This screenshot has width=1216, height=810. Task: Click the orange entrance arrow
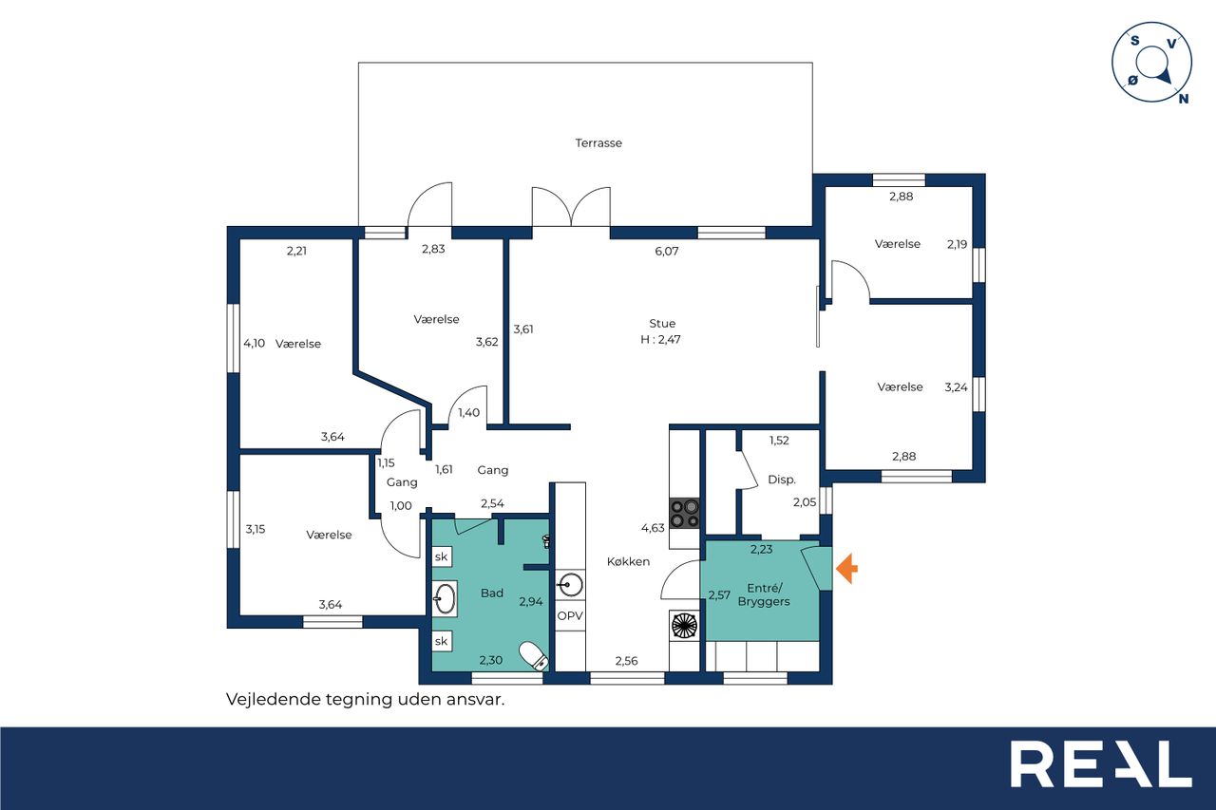click(846, 569)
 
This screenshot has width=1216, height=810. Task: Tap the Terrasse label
click(598, 143)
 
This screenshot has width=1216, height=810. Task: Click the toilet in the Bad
click(534, 656)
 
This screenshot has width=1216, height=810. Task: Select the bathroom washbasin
click(445, 598)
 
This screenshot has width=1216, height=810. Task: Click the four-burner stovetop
click(684, 513)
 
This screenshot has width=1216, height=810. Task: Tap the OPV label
click(570, 615)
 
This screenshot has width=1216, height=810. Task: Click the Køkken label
click(628, 561)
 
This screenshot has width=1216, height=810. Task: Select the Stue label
click(662, 324)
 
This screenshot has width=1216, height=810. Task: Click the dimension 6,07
click(667, 251)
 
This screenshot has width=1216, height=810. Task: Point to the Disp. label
click(782, 480)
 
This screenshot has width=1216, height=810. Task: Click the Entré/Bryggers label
click(764, 594)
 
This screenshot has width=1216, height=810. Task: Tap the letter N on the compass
click(1184, 98)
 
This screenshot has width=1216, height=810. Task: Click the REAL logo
click(1101, 763)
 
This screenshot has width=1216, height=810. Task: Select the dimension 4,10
click(254, 343)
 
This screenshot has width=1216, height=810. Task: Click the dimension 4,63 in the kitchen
click(653, 528)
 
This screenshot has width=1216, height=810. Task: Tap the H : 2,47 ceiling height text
click(660, 340)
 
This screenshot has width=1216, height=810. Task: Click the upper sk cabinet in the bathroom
click(442, 556)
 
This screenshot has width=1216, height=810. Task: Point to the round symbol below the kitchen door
click(684, 626)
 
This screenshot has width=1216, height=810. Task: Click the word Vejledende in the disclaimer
click(273, 699)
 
